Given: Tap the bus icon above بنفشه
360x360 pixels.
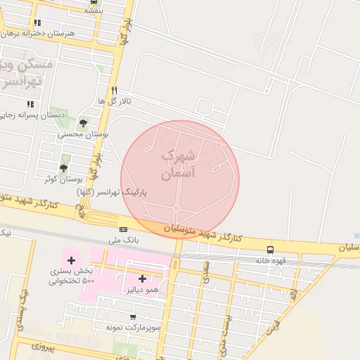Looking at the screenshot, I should [94, 1].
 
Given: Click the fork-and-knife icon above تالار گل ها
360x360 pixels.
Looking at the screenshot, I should [114, 90].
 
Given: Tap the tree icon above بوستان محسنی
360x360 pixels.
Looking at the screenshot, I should [83, 122].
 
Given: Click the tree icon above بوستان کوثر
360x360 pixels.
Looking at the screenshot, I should [64, 168].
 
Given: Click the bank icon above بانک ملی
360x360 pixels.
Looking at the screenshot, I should [123, 229].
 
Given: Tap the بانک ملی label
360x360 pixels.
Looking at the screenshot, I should [122, 240].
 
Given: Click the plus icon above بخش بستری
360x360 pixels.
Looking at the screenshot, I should [71, 261].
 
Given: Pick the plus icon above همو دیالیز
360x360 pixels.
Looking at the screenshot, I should [142, 278].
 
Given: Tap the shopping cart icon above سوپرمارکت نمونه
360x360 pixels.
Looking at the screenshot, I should [133, 317].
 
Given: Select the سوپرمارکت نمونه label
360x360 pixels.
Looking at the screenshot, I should [134, 328].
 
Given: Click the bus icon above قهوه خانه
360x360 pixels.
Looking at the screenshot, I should [271, 250].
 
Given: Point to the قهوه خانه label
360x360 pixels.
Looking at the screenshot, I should [270, 260].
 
